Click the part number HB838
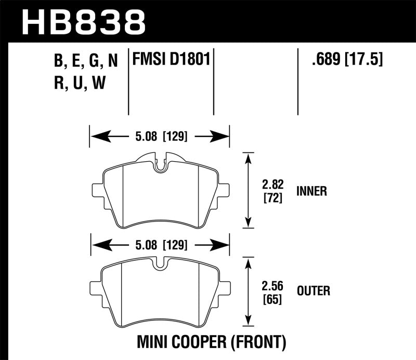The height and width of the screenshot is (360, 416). pyautogui.click(x=83, y=22)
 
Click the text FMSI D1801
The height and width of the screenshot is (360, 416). pyautogui.click(x=172, y=61)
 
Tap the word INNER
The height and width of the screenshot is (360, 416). pyautogui.click(x=312, y=191)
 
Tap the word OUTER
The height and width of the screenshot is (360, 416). pyautogui.click(x=313, y=291)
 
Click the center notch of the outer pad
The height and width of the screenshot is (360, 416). pyautogui.click(x=161, y=264)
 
